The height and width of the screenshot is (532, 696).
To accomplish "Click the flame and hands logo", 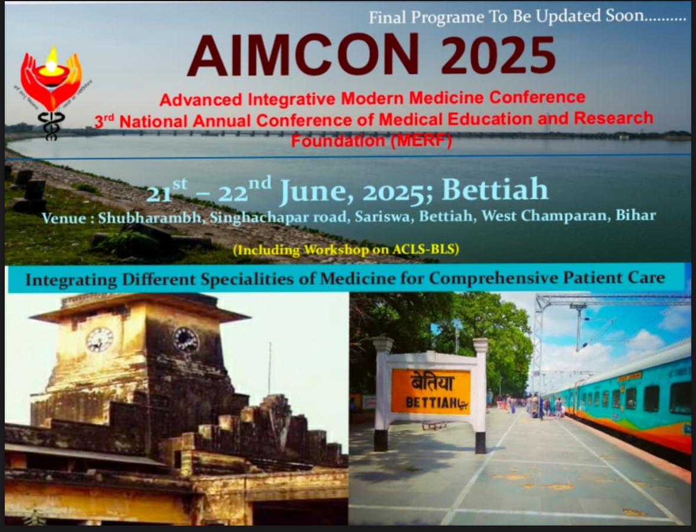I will coord(51,80).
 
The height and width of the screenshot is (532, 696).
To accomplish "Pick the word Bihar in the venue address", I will coord(635,215).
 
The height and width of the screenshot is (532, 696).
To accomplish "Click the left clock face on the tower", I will coord(99,339).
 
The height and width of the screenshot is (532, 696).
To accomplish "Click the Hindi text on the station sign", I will coord(431,383).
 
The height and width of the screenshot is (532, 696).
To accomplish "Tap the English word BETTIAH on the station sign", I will coord(431,403).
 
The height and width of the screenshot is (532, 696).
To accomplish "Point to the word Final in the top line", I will coord(388,17).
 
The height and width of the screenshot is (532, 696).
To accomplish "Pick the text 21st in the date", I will coord(166,191).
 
